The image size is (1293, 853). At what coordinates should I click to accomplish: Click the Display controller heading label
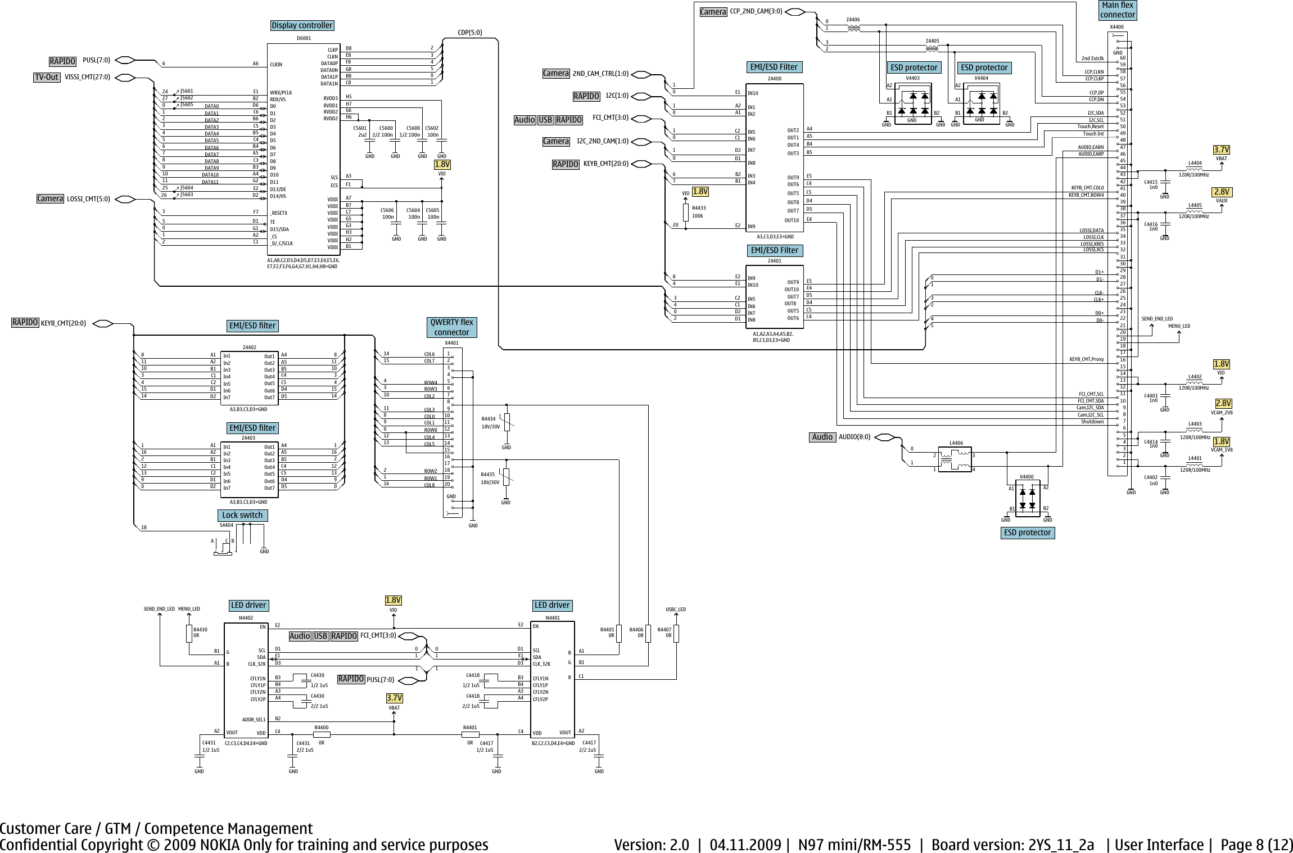(x=302, y=25)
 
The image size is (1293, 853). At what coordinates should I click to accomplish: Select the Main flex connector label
(x=1118, y=10)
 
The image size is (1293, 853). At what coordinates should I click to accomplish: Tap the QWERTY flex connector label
(x=452, y=327)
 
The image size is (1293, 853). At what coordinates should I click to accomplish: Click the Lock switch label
(x=242, y=515)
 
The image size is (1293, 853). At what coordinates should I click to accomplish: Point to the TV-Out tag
(x=47, y=77)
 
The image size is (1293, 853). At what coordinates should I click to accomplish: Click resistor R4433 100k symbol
(x=686, y=212)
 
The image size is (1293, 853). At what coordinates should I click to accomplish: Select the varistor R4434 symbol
(x=507, y=422)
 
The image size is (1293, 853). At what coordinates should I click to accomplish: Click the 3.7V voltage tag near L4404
(x=1221, y=150)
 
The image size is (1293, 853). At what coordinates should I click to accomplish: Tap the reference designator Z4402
(x=249, y=347)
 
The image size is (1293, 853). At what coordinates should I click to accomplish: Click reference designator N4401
(x=553, y=617)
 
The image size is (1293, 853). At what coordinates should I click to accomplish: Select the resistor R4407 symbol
(x=676, y=633)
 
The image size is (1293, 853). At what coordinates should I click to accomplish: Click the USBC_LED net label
(x=676, y=609)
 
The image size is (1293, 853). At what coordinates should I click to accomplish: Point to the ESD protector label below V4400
(x=1027, y=532)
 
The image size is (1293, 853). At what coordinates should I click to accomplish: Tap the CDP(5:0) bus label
(x=470, y=33)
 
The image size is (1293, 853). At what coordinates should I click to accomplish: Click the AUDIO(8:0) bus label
(x=854, y=437)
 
